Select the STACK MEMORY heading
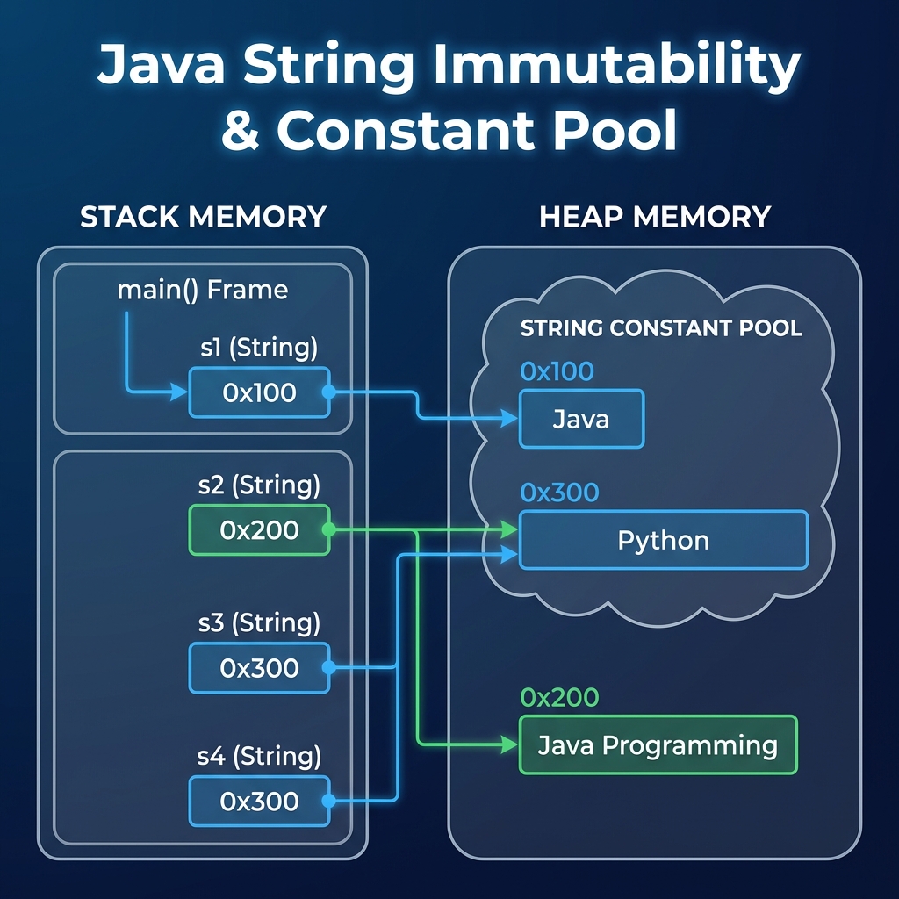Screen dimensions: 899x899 203,216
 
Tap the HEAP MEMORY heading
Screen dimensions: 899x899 654,216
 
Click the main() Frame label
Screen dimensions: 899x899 202,290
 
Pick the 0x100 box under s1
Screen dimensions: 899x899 259,392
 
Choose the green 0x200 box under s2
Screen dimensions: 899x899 259,530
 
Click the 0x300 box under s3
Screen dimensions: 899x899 259,668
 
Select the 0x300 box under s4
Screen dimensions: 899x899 259,802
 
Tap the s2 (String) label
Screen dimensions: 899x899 259,485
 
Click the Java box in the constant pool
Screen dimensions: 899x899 581,419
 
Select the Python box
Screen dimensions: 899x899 663,540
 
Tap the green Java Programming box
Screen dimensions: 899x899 658,745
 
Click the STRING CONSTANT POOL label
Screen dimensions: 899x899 661,328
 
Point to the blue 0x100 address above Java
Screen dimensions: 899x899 557,371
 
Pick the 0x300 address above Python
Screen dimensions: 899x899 559,493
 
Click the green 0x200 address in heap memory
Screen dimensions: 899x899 559,698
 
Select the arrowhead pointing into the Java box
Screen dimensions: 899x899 510,420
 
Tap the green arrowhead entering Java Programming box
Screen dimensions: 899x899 510,745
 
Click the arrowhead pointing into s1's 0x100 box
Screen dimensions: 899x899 181,392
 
